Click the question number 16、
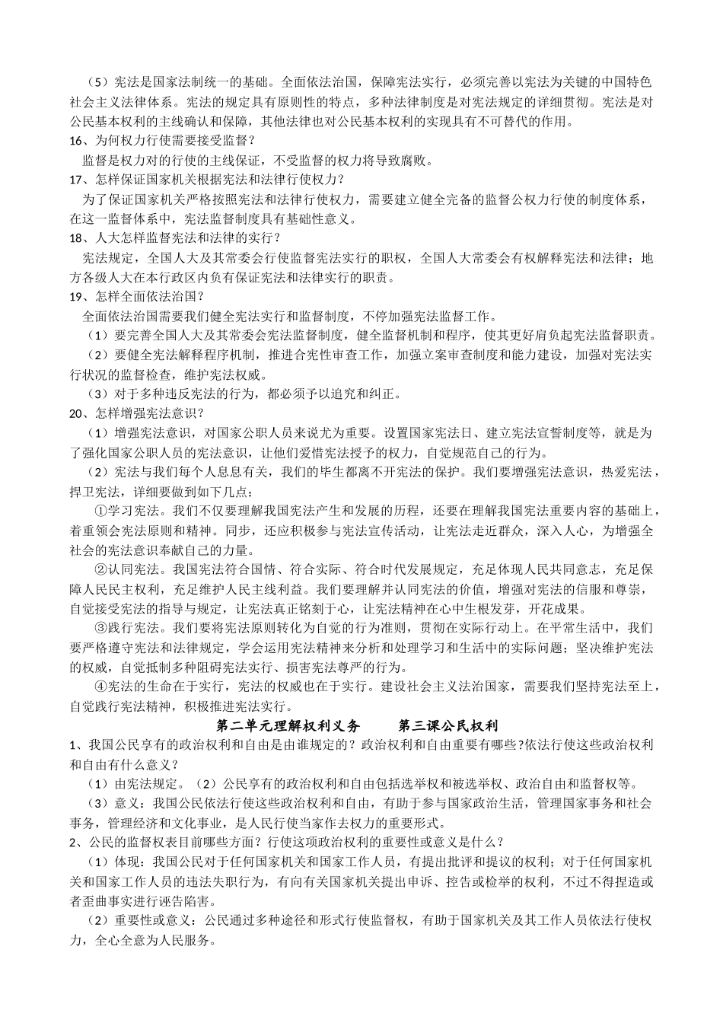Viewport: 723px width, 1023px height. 78,140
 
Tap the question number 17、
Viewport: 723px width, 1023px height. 78,180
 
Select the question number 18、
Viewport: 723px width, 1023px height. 78,238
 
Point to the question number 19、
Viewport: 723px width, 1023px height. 78,297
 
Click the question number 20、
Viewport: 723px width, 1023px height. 78,413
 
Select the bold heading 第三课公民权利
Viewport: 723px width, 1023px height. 448,725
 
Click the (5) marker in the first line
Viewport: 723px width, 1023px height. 97,81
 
